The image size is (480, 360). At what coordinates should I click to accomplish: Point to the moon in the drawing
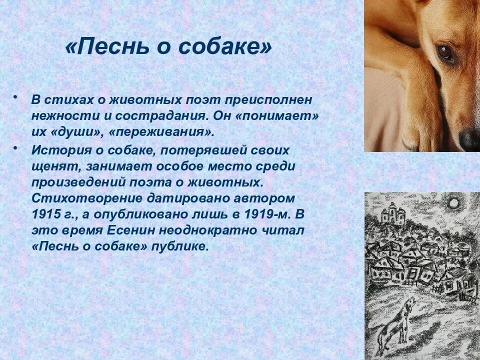[x=453, y=203]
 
